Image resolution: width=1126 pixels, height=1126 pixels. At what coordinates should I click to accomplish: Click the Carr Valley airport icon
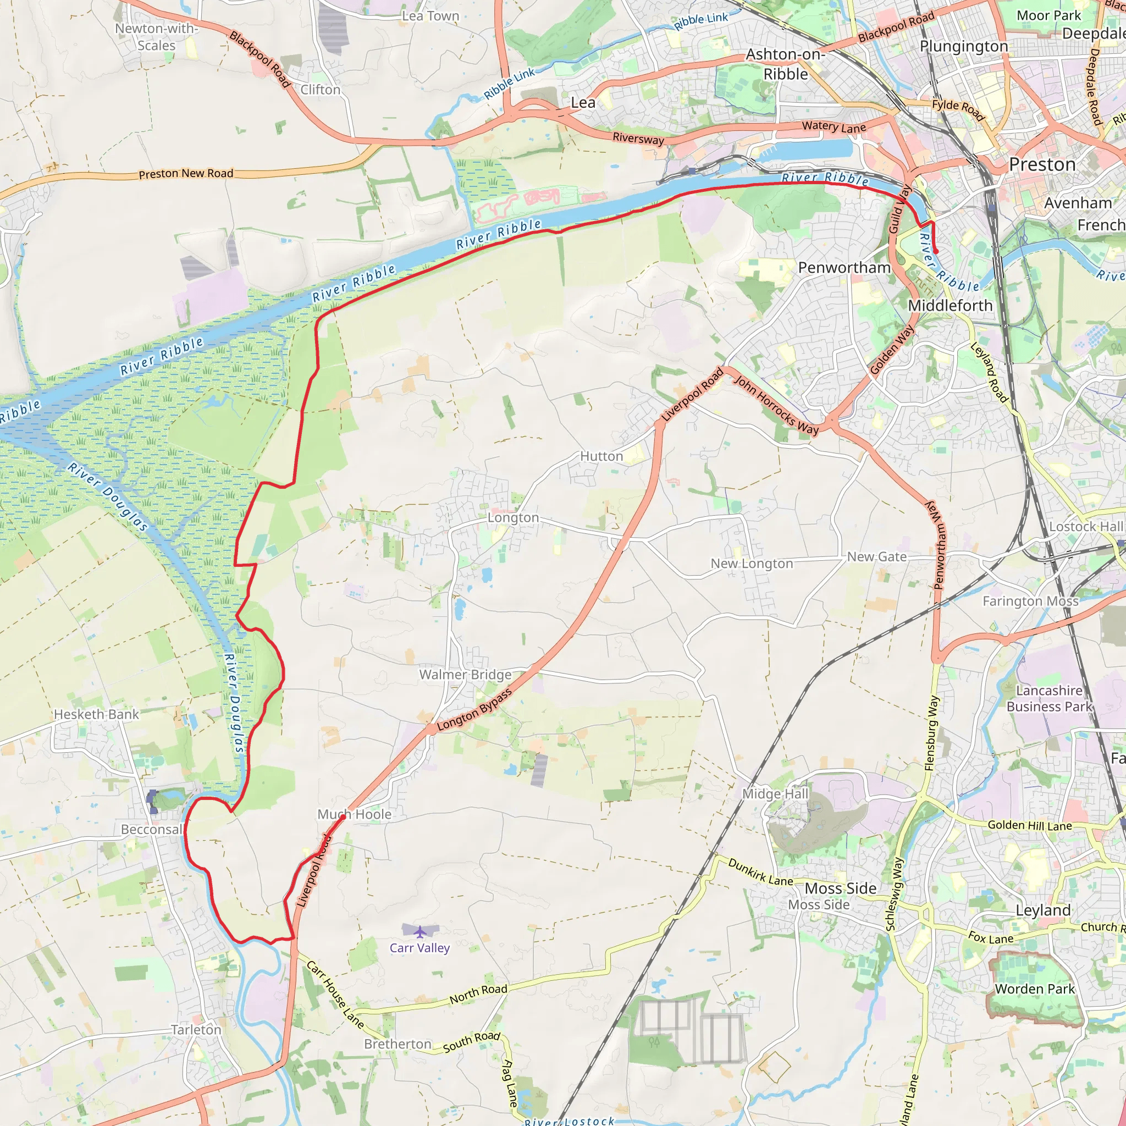pos(420,931)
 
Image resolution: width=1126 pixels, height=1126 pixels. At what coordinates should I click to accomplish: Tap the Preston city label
pos(1042,165)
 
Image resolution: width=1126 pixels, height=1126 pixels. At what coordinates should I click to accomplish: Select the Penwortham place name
pos(844,268)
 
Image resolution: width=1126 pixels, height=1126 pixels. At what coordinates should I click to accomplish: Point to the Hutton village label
pos(601,456)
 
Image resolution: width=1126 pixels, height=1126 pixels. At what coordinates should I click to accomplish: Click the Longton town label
pos(513,517)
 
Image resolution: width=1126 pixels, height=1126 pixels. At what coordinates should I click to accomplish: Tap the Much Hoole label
pos(355,814)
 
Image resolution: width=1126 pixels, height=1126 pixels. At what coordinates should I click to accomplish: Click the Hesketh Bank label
pos(96,714)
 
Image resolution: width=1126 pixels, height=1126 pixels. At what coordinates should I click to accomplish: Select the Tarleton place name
pos(196,1030)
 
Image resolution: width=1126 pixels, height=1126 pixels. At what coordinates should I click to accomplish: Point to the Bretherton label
pos(398,1044)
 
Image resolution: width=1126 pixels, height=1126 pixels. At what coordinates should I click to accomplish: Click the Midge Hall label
pos(775,794)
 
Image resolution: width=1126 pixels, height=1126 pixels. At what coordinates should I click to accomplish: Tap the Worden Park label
pos(1035,989)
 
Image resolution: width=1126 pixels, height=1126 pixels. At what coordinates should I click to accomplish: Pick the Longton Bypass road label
pos(474,709)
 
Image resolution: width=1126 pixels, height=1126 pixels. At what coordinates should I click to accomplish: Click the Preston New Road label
pos(186,174)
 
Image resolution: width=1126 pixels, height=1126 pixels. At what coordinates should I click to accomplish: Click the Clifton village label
pos(320,90)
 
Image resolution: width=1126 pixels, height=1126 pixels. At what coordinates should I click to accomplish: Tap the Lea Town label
pos(430,16)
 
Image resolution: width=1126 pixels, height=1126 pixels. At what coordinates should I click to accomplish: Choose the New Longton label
pos(751,564)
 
